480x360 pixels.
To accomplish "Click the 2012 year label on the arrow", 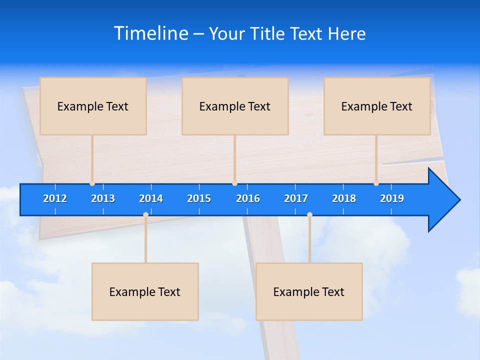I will [x=55, y=198].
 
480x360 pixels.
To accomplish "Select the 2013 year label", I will [x=103, y=198].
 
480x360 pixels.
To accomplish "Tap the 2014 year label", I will [x=151, y=198].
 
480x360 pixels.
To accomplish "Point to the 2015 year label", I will [x=199, y=198].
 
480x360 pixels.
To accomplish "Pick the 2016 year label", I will [x=248, y=198].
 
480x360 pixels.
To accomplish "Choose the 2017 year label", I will [x=296, y=198].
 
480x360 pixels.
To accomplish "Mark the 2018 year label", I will [x=344, y=198].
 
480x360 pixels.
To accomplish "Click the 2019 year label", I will [x=392, y=198].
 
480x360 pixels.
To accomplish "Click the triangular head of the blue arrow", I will [x=443, y=200].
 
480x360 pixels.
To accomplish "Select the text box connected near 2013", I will [x=93, y=106].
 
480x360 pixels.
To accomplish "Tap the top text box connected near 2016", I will [x=235, y=106].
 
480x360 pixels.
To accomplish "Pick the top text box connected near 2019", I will [x=377, y=106].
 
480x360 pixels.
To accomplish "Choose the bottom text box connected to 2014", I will [x=145, y=291].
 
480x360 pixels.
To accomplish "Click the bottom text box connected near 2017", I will [x=309, y=291].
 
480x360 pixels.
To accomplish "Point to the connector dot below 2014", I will [x=145, y=214].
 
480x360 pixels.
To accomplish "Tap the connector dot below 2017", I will [x=309, y=214].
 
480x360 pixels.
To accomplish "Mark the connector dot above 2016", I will [x=234, y=183].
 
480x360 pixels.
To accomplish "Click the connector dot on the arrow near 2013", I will [x=92, y=183].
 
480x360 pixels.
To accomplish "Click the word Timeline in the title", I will [x=150, y=33].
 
